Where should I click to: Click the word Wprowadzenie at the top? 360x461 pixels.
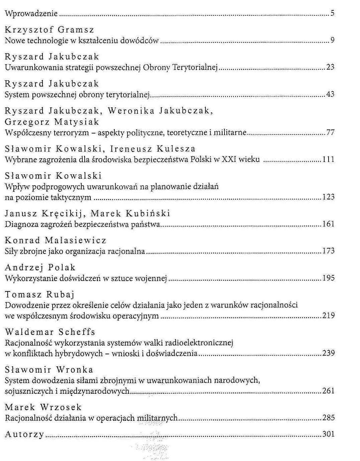tap(31, 14)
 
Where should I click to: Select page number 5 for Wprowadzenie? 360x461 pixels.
tap(333, 13)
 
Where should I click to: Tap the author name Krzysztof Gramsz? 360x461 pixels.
tap(50, 30)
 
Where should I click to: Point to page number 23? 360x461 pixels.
tap(330, 67)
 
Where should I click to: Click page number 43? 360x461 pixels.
tap(330, 94)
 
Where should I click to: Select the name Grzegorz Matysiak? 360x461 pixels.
tap(52, 122)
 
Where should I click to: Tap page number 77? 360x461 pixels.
tap(330, 132)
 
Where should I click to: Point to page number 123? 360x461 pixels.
tap(328, 197)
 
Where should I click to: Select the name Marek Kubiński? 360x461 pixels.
tap(130, 213)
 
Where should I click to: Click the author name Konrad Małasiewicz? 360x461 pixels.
tap(56, 241)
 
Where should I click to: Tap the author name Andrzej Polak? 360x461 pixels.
tap(40, 268)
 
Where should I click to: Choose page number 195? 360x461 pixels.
tap(328, 278)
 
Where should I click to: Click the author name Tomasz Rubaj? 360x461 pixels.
tap(39, 295)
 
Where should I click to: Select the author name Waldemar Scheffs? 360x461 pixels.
tap(50, 332)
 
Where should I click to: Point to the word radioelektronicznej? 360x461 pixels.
tap(202, 343)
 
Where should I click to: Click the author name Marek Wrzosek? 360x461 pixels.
tap(43, 407)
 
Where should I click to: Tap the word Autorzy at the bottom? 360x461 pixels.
tap(24, 435)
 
